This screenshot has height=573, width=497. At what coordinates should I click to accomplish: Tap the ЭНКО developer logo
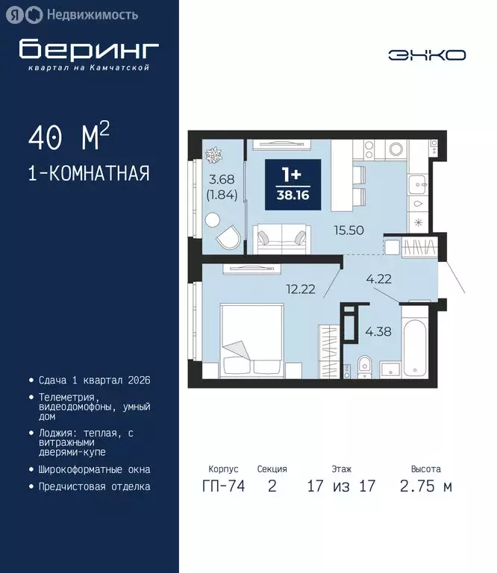tap(427, 55)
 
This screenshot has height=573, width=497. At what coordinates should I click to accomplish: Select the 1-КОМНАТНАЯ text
tap(88, 174)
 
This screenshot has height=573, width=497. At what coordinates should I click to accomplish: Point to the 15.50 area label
tap(349, 231)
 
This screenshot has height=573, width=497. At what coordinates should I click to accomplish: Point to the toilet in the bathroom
tap(363, 366)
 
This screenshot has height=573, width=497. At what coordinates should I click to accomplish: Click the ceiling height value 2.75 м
tap(425, 486)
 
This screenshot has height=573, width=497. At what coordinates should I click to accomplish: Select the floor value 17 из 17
tap(341, 486)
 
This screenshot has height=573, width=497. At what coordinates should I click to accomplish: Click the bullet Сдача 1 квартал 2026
tap(94, 380)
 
